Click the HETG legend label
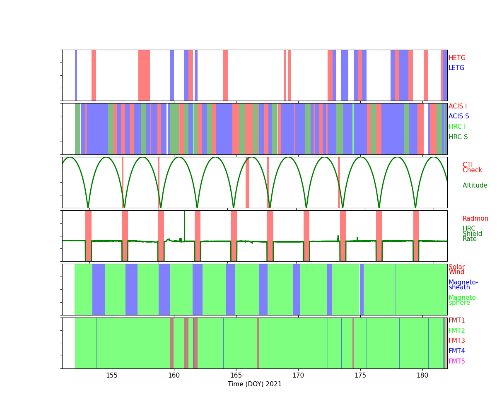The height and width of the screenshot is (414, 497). click(457, 58)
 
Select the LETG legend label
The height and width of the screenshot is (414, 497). click(456, 68)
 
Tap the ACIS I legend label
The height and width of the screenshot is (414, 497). click(458, 106)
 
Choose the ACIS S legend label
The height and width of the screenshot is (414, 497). click(458, 116)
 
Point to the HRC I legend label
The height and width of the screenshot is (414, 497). click(457, 127)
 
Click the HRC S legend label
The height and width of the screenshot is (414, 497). click(458, 137)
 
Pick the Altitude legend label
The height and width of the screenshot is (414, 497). click(475, 185)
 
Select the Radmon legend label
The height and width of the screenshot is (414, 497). click(475, 219)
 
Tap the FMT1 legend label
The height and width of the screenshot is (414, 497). click(456, 320)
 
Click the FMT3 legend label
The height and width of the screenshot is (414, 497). click(456, 341)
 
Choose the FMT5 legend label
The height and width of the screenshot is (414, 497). click(456, 361)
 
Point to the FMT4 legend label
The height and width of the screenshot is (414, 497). click(456, 351)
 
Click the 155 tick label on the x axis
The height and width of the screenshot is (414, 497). click(112, 375)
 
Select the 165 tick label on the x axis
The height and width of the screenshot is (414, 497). click(236, 375)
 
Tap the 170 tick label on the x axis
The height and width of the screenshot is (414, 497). click(298, 375)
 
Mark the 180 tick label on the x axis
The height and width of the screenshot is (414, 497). click(422, 375)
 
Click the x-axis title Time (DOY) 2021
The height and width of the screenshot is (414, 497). click(255, 384)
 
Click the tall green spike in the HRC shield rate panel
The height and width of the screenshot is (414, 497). click(184, 224)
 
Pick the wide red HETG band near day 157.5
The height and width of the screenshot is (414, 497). click(144, 75)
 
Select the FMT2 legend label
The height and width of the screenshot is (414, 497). click(456, 331)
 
